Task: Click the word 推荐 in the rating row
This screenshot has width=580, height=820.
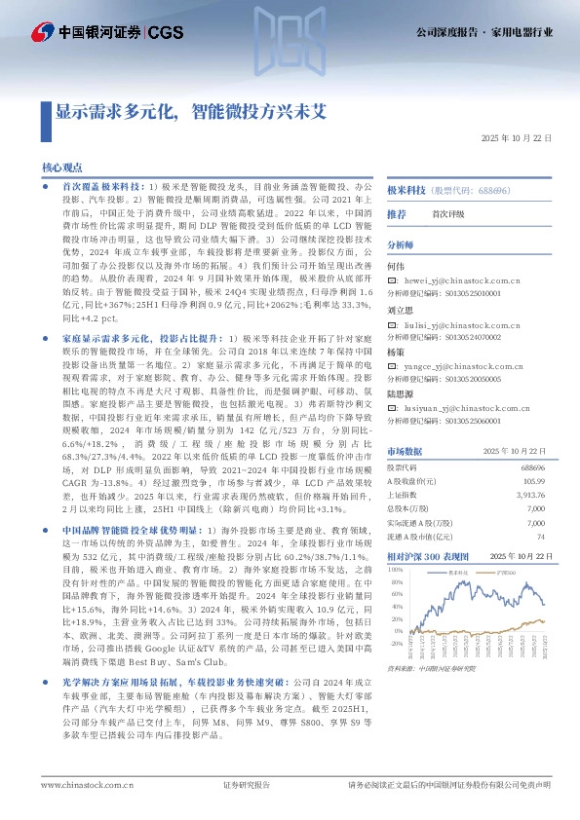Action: click(x=397, y=213)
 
